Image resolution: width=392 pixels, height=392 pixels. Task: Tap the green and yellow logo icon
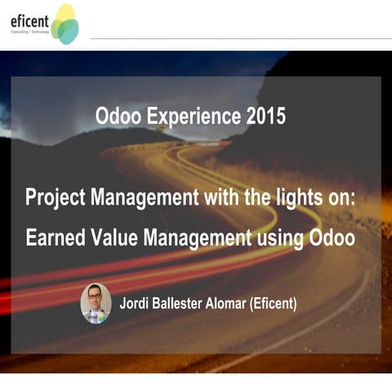[x=65, y=24]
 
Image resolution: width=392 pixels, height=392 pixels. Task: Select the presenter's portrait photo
[x=96, y=303]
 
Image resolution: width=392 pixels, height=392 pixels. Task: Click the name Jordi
[x=136, y=304]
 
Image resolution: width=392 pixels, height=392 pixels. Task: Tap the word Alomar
[x=238, y=304]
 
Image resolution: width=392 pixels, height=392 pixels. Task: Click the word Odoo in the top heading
[x=118, y=116]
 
